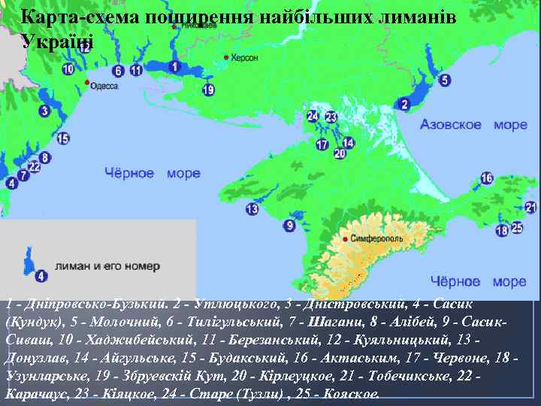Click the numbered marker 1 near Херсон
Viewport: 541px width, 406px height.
click(x=174, y=68)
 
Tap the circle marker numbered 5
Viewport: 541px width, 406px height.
click(x=445, y=80)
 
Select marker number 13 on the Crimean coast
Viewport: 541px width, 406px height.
click(x=252, y=209)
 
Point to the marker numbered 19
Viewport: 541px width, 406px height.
click(x=208, y=90)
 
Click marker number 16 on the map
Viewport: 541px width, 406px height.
click(x=487, y=178)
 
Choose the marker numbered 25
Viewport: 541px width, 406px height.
click(x=516, y=227)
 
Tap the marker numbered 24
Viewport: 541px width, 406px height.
click(x=313, y=117)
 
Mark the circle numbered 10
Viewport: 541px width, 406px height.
click(x=68, y=70)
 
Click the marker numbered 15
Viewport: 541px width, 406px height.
click(x=62, y=138)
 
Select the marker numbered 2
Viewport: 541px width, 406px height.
click(x=404, y=104)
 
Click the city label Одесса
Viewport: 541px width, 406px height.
click(x=104, y=86)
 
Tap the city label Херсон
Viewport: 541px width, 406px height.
click(x=244, y=57)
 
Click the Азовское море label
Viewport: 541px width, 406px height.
click(x=457, y=125)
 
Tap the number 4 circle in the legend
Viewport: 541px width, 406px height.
click(x=41, y=276)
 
